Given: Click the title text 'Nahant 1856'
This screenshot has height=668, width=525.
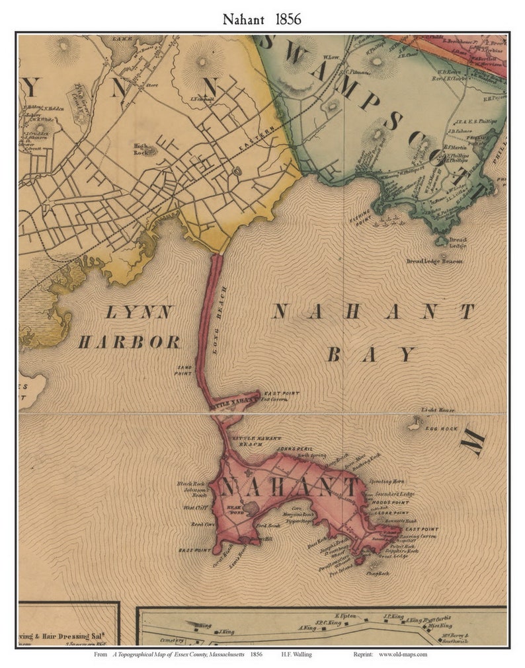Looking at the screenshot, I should click(262, 19).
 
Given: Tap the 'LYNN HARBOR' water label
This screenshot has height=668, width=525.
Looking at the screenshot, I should click(128, 327).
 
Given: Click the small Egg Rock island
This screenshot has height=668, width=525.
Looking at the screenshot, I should click(415, 424).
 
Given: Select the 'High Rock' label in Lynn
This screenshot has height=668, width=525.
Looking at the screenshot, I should click(141, 147).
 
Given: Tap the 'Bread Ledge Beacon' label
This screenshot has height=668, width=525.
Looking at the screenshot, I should click(434, 261).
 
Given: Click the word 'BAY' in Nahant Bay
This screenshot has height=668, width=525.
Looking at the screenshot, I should click(370, 355).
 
